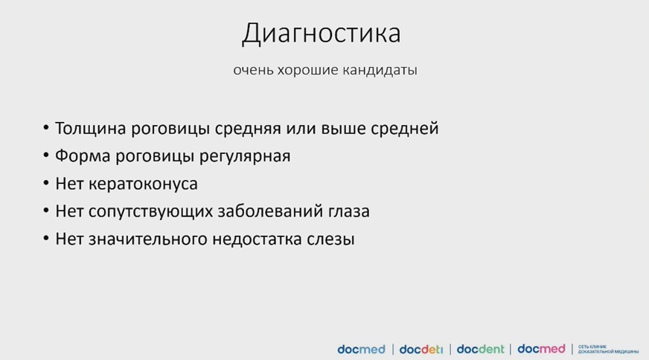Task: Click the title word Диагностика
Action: click(x=322, y=33)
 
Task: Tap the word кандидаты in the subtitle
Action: click(x=380, y=70)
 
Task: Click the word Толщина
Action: click(x=90, y=129)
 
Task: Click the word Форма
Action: click(x=83, y=156)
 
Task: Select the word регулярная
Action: click(x=245, y=157)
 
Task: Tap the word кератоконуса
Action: click(x=143, y=184)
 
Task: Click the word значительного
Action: click(x=148, y=240)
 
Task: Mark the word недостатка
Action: click(x=257, y=240)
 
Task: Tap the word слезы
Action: click(x=330, y=240)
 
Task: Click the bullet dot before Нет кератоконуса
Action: click(x=46, y=182)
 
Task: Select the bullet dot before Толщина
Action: click(x=46, y=127)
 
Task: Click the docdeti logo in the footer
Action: click(x=421, y=350)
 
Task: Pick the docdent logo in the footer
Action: click(x=481, y=350)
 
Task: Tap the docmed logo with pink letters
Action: click(x=541, y=349)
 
